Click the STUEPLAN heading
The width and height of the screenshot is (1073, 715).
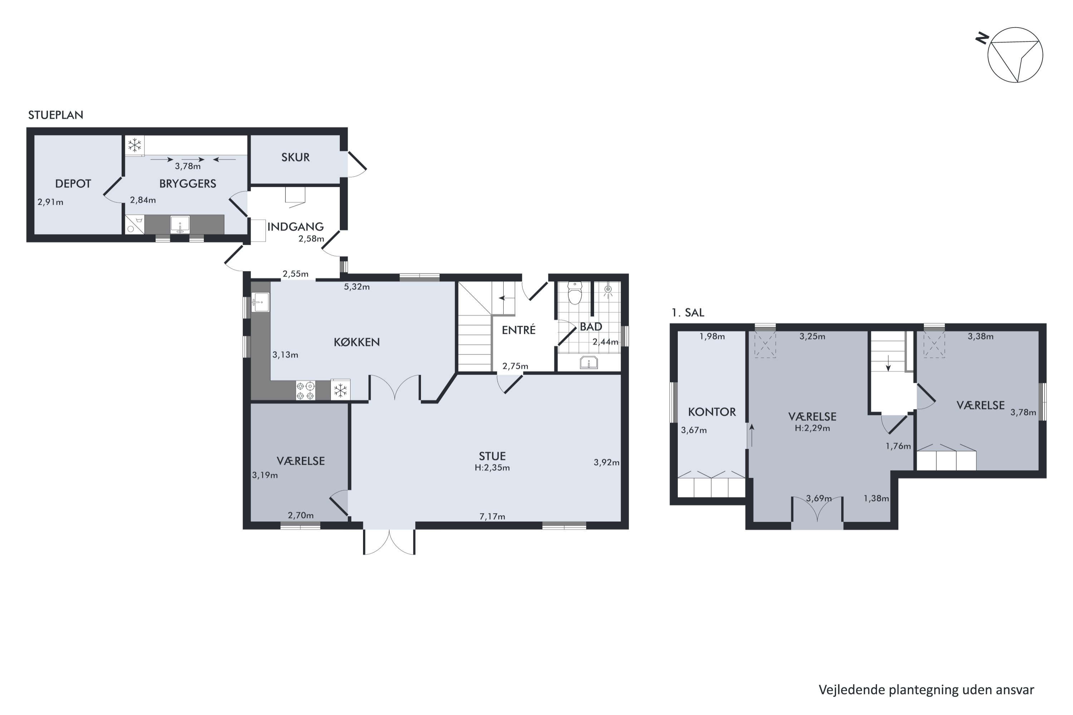pos(56,115)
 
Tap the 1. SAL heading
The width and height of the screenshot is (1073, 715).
pos(688,312)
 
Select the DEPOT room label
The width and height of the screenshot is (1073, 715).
pos(73,184)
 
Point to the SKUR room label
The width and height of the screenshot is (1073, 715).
pos(296,157)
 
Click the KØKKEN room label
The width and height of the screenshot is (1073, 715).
pos(357,342)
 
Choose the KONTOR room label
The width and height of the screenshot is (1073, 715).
pos(712,412)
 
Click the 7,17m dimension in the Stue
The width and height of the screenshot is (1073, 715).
pos(492,517)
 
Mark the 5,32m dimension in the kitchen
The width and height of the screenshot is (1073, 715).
pos(357,287)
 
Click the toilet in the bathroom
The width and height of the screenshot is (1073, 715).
pos(575,293)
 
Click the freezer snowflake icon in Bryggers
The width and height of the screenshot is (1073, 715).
pos(134,146)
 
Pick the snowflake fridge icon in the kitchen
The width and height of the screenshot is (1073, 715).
pos(340,390)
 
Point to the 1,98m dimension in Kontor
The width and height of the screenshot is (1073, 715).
pos(712,336)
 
